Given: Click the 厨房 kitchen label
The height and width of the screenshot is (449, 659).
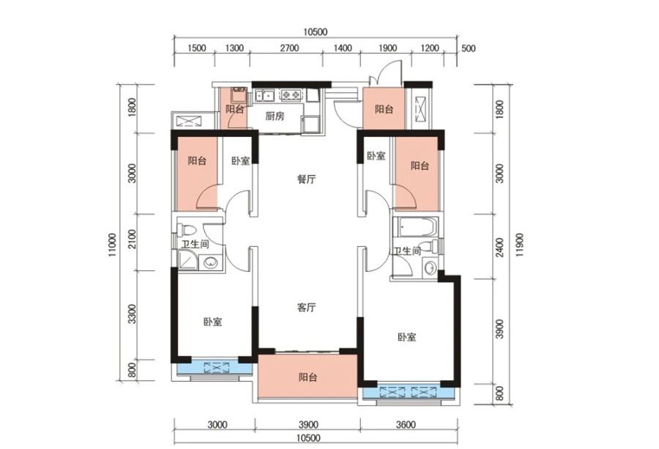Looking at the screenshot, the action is [x=275, y=116].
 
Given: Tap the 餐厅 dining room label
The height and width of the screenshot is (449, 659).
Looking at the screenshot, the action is [x=306, y=179].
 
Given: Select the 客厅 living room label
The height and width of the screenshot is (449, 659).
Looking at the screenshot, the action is [x=306, y=308].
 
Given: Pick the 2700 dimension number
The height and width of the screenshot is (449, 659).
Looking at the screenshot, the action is [x=289, y=48].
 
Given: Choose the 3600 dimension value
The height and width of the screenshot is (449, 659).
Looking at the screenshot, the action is [x=406, y=425].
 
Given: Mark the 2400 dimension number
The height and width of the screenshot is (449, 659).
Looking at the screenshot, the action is [x=499, y=248].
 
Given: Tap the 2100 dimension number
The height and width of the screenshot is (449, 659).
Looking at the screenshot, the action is [x=133, y=239].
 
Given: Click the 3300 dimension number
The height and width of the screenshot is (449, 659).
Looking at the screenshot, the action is [x=133, y=314].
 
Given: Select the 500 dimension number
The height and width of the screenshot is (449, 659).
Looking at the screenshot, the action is [x=469, y=48].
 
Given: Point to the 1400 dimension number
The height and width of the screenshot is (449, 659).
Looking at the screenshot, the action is [x=343, y=48].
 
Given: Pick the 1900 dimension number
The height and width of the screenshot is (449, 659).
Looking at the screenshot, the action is [x=387, y=48].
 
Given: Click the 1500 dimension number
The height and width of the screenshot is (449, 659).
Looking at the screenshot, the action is [x=196, y=48].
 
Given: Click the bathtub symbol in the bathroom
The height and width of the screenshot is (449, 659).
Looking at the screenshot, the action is [x=417, y=227].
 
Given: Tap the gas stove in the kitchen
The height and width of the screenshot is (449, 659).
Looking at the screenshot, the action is [x=291, y=95].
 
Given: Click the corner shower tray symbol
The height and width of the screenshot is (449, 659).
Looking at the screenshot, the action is [x=187, y=259].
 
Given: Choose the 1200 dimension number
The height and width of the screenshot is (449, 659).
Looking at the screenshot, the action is [x=429, y=48].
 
